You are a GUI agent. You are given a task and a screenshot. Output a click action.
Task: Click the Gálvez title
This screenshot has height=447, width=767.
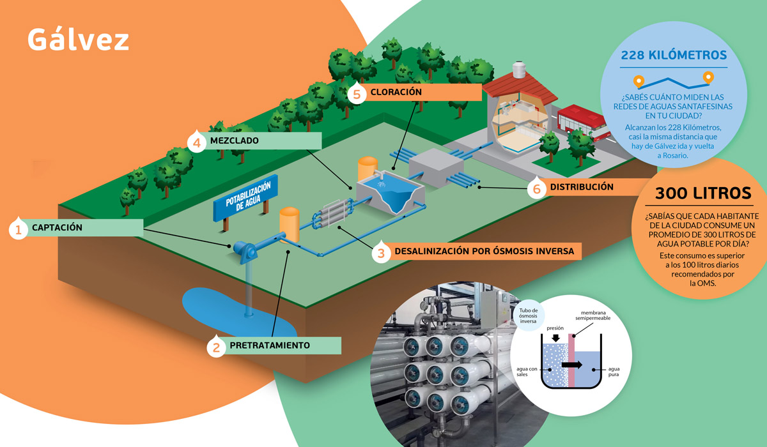pos(78,39)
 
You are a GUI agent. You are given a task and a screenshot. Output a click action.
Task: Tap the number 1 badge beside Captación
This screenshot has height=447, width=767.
pos(18,229)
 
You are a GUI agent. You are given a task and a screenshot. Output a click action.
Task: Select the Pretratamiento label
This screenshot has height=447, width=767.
pos(270,345)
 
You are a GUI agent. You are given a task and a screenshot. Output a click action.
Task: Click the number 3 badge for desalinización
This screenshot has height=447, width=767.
pos(381,252)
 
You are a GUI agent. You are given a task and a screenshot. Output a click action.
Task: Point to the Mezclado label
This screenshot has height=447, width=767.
pos(234,140)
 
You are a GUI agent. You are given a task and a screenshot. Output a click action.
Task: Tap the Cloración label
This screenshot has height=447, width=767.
pos(396,92)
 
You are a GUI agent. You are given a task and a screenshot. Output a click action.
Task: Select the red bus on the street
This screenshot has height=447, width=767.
pos(583,123)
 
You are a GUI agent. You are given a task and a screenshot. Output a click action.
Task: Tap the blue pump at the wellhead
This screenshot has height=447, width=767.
pos(245,251)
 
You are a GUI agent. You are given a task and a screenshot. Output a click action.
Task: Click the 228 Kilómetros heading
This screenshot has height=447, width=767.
pos(674,55)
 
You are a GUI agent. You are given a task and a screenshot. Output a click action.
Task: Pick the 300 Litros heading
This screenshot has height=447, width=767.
pos(703,193)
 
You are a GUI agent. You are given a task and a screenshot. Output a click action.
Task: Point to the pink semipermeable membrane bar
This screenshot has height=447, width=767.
pos(571,360)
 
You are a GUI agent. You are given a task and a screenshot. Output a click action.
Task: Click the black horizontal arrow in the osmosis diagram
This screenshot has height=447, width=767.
pos(571,365)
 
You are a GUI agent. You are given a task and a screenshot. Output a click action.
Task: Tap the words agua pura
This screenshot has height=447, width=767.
pos(614,372)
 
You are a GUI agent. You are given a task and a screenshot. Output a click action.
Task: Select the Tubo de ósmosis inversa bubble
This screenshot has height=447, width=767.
pos(529,315)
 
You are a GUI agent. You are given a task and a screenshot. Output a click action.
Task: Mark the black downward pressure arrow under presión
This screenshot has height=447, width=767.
pos(555,338)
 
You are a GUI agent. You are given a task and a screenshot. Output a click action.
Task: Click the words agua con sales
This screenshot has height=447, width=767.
pos(527,372)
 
